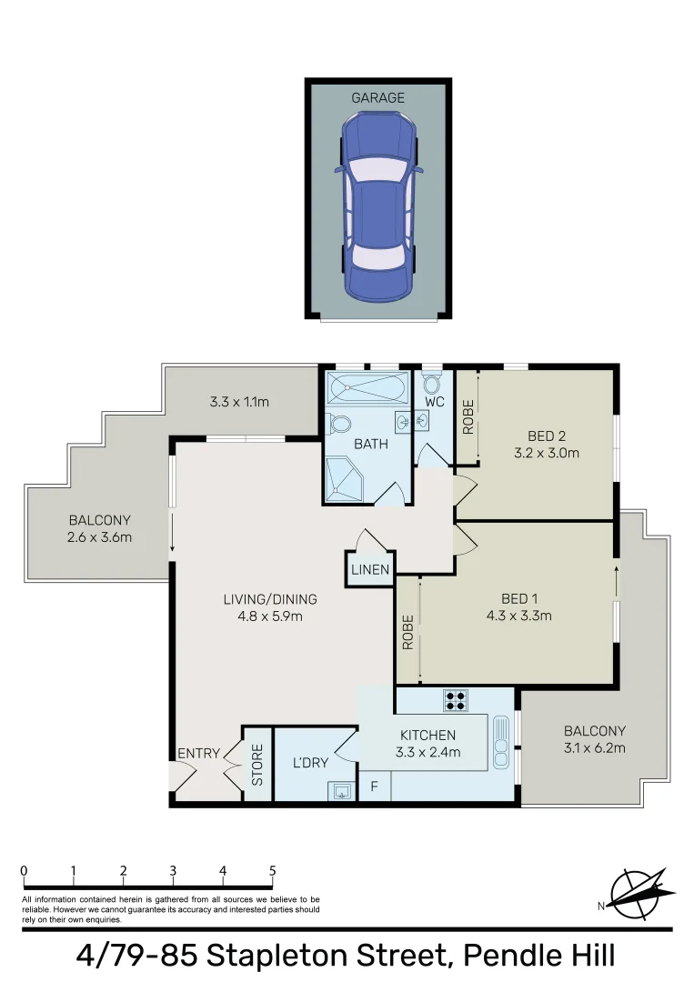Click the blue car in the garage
[x=377, y=206]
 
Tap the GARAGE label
[x=377, y=97]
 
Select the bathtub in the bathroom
[x=367, y=390]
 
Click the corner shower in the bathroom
[x=345, y=480]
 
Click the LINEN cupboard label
[x=370, y=570]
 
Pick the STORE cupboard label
[x=257, y=765]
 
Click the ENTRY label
[x=198, y=753]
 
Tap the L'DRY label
[x=310, y=762]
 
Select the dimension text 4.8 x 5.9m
[x=270, y=616]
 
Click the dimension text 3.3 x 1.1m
[x=239, y=401]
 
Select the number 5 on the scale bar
[x=272, y=870]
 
